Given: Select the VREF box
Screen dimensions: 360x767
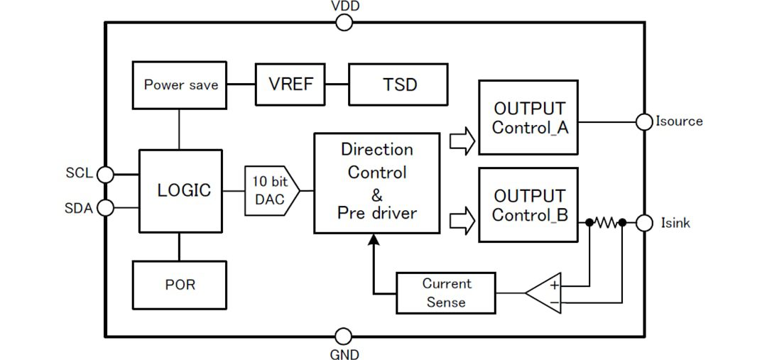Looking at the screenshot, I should (290, 84).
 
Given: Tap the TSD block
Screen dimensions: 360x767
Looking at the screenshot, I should (398, 84).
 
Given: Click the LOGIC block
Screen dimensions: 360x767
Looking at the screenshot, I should (180, 190).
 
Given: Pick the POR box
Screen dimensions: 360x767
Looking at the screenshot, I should (179, 285).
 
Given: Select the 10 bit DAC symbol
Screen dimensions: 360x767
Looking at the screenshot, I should (271, 190).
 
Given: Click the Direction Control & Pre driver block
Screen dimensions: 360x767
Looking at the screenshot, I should (376, 182).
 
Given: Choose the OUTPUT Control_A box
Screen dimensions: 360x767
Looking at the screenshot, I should (528, 117).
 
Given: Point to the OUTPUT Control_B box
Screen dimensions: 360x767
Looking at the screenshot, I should (528, 204).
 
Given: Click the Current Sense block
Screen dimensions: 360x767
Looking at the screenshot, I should (445, 293).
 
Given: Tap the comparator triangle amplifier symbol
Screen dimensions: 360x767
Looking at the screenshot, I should (543, 292).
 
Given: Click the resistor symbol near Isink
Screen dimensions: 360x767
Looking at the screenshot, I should (606, 223).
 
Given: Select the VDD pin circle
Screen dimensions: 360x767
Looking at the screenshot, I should (344, 23).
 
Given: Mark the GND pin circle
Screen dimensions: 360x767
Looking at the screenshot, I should (344, 337).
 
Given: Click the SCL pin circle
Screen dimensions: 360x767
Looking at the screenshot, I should (104, 174).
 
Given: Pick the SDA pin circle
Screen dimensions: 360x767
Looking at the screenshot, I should (104, 207).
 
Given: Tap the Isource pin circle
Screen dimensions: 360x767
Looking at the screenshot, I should (644, 121).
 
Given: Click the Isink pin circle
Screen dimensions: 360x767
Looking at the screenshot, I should (644, 223).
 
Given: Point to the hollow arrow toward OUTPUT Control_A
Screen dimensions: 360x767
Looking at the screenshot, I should (462, 141).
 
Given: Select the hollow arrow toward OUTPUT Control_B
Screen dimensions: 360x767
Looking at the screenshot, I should (462, 221).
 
